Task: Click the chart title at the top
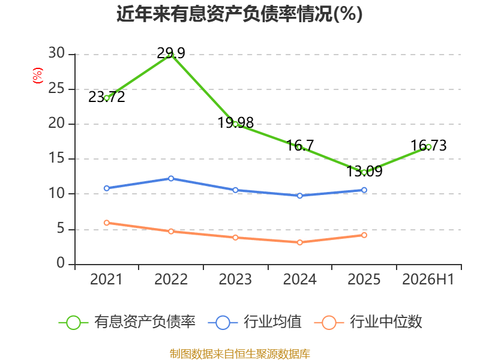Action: coord(239,14)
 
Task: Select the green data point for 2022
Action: coord(171,55)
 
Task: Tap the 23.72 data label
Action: coord(107,97)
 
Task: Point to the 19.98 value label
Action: coord(235,123)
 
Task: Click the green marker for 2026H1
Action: coord(428,147)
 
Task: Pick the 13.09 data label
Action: coord(364,171)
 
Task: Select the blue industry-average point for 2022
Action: coord(171,178)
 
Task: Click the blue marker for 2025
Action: coord(364,190)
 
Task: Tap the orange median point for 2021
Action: coord(107,223)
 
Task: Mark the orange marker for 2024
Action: coord(300,242)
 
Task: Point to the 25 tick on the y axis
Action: coord(56,88)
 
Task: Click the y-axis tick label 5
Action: coord(61,229)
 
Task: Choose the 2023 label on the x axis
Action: coord(235,279)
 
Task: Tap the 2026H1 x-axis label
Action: coord(428,279)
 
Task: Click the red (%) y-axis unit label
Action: coord(38,76)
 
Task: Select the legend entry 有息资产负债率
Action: coord(127,322)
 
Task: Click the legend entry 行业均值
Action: coord(254,322)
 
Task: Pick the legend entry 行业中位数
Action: coord(368,322)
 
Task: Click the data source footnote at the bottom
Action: coord(240,354)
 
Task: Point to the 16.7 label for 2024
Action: coord(300,145)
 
